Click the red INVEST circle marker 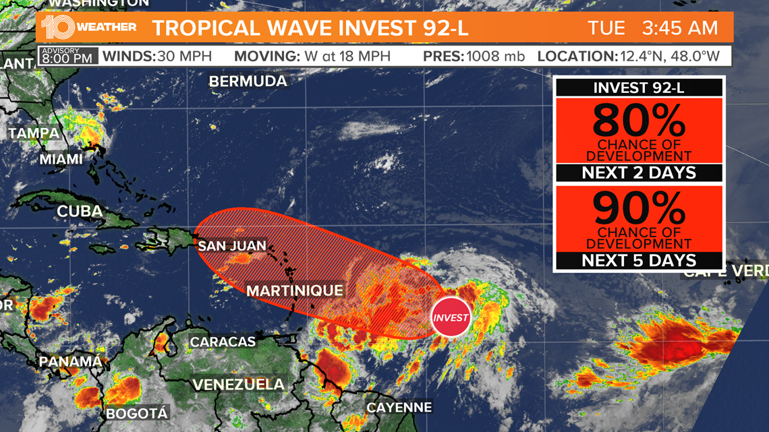451,317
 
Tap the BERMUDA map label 248,82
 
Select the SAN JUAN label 232,246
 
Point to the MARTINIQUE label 294,291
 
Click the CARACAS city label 223,342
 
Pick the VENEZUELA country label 238,385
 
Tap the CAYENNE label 399,407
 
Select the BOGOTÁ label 136,413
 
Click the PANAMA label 70,362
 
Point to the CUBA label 80,211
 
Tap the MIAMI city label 61,160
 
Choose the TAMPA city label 34,133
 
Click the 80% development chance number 638,122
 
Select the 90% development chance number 638,210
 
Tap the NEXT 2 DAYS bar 638,173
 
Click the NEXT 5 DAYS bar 638,260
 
